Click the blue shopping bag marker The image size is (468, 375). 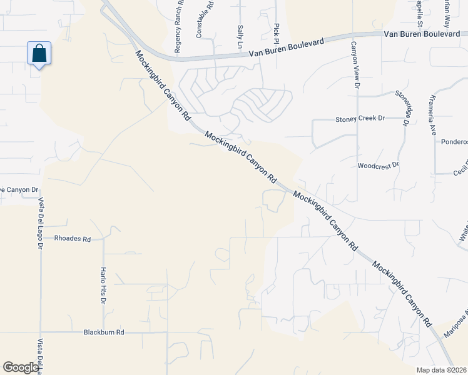pyautogui.click(x=39, y=54)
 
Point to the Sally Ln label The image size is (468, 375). pyautogui.click(x=240, y=37)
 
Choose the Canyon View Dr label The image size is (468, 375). pyautogui.click(x=354, y=66)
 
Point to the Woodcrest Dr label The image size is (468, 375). pyautogui.click(x=378, y=166)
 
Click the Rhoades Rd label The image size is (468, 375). pyautogui.click(x=73, y=239)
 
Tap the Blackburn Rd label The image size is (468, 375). pyautogui.click(x=104, y=332)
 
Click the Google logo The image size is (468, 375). pyautogui.click(x=21, y=367)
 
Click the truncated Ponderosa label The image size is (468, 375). pyautogui.click(x=455, y=142)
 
